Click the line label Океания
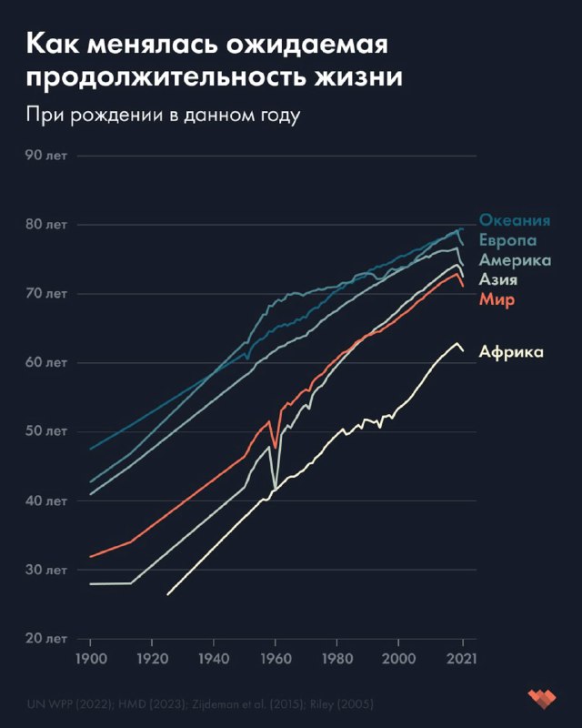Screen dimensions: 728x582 (516, 221)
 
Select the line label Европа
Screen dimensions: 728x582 (507, 241)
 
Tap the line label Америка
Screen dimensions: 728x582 (515, 261)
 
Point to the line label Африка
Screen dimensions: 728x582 (511, 351)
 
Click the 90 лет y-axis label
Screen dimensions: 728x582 (46, 155)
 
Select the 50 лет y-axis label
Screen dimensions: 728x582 (46, 431)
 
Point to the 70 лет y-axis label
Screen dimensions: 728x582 (46, 293)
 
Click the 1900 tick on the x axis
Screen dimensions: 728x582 (91, 658)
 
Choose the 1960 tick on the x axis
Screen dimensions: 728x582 (276, 658)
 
